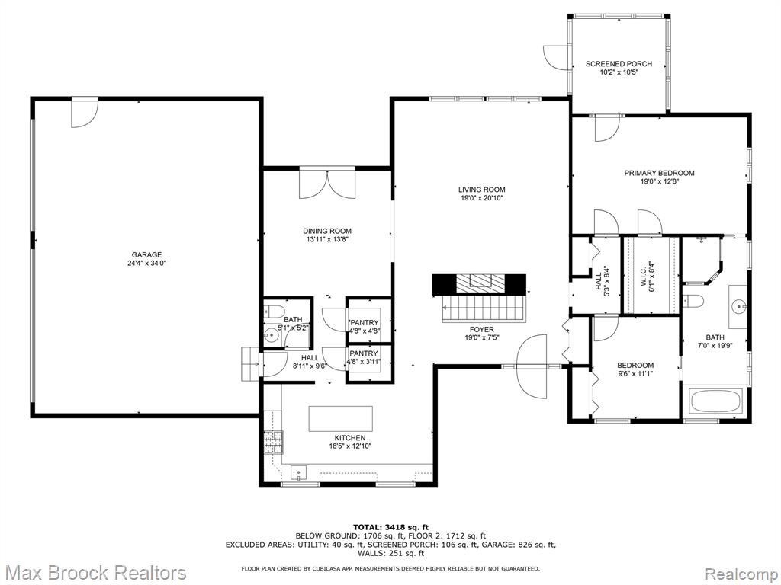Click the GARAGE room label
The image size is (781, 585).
[146, 255]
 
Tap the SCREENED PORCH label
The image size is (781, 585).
[619, 64]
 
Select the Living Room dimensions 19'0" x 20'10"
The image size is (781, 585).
[481, 198]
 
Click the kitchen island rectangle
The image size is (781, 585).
[340, 419]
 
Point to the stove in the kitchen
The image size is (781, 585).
[273, 443]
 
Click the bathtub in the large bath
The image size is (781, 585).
[715, 401]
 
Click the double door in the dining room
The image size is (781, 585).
[326, 183]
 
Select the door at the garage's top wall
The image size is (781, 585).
[84, 110]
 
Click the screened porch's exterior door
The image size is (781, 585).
[555, 57]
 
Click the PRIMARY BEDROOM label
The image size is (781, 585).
[659, 173]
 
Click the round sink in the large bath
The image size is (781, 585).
[738, 307]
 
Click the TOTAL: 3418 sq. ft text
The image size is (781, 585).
[390, 527]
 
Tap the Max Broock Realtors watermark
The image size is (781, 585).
[95, 572]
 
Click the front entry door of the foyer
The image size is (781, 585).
[532, 367]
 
